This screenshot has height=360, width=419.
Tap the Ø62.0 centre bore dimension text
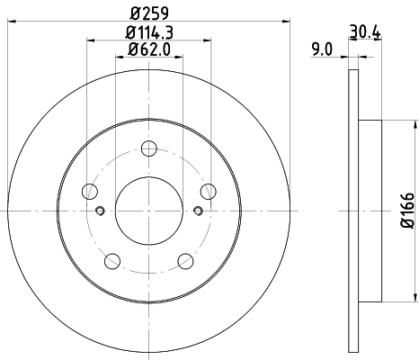pyautogui.click(x=148, y=50)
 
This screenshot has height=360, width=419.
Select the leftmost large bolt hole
pyautogui.click(x=88, y=191)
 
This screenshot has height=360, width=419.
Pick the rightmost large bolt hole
pyautogui.click(x=208, y=191)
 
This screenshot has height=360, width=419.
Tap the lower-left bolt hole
pyautogui.click(x=111, y=260)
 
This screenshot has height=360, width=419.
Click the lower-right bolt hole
pyautogui.click(x=185, y=260)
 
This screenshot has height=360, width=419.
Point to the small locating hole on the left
pyautogui.click(x=100, y=211)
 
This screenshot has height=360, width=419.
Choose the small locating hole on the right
pyautogui.click(x=197, y=211)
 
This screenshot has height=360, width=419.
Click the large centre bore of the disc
pyautogui.click(x=148, y=210)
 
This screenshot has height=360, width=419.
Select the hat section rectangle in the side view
pyautogui.click(x=371, y=210)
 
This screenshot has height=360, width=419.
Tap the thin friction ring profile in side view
pyautogui.click(x=352, y=210)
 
